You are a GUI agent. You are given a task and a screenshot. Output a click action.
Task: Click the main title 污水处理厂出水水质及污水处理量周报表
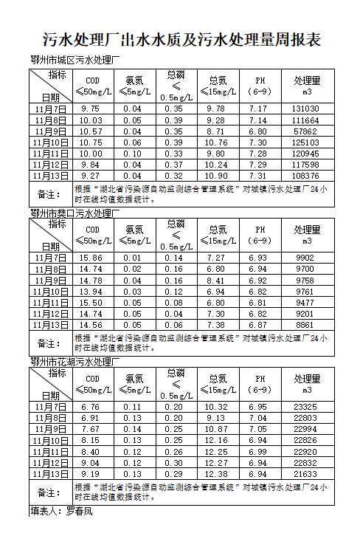(x=181, y=39)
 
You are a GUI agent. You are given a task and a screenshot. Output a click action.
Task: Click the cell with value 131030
(x=305, y=109)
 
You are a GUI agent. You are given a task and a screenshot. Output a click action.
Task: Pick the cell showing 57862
(x=305, y=131)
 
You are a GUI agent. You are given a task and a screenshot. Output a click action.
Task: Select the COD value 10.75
(x=91, y=142)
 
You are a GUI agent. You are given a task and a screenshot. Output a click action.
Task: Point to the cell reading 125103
(x=305, y=142)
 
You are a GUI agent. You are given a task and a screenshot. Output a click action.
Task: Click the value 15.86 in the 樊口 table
(x=91, y=258)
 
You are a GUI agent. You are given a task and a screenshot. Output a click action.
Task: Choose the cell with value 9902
(x=305, y=258)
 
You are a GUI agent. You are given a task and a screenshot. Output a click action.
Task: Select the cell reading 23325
(x=305, y=407)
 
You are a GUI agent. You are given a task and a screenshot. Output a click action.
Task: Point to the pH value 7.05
(x=258, y=429)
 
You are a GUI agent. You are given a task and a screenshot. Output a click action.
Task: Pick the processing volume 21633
(x=305, y=474)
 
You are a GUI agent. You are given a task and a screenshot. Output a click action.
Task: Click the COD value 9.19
(x=91, y=474)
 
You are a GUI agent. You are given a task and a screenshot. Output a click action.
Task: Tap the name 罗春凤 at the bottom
(x=80, y=510)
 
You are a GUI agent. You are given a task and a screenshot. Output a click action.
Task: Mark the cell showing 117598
(x=305, y=165)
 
